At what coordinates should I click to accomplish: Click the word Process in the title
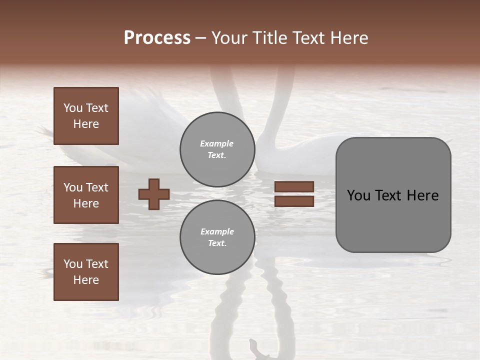pos(157,38)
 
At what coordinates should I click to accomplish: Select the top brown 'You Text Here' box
pos(86,116)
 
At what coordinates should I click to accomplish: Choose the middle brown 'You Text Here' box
pos(86,195)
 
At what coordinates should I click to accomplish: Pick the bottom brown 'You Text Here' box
pos(86,272)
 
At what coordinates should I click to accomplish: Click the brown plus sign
pos(154,194)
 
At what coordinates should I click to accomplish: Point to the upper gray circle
pos(217,149)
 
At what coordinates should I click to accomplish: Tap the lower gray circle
pos(217,237)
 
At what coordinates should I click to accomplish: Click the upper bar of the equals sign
pos(294,186)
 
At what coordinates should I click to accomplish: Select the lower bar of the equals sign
pos(294,201)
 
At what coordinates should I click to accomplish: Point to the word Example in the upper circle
pos(216,143)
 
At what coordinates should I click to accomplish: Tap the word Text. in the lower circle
pos(217,243)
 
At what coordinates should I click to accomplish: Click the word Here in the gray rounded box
pos(422,195)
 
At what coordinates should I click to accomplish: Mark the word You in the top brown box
pos(73,108)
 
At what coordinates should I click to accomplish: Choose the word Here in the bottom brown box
pos(86,280)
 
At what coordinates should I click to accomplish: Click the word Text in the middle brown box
pos(97,187)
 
